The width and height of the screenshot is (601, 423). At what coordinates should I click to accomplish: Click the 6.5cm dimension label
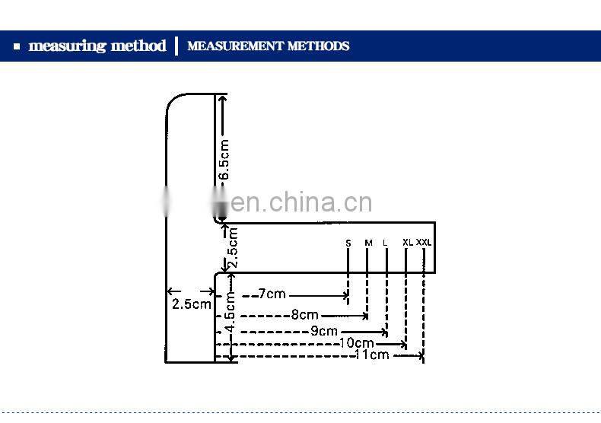(x=224, y=160)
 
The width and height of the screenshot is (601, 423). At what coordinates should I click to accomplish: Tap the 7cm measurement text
(x=272, y=294)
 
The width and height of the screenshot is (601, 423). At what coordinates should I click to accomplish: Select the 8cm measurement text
(x=304, y=315)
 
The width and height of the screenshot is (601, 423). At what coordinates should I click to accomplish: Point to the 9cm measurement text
(x=323, y=331)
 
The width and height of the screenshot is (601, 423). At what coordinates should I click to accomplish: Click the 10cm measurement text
(x=356, y=343)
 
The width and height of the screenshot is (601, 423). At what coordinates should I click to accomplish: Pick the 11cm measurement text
(x=372, y=355)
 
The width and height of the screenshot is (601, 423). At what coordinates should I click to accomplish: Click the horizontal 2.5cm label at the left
(x=191, y=304)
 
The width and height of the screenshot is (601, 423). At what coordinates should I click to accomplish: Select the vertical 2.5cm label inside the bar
(x=233, y=248)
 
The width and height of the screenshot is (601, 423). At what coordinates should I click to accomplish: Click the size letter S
(x=348, y=243)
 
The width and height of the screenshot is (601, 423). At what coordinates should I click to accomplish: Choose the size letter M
(x=368, y=243)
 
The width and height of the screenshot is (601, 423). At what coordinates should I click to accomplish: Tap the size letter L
(x=386, y=243)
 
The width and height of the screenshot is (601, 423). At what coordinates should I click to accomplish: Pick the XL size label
(x=408, y=243)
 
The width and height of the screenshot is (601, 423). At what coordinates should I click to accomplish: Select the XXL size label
(x=424, y=243)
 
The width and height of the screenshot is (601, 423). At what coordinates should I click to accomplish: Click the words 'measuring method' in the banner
(x=97, y=46)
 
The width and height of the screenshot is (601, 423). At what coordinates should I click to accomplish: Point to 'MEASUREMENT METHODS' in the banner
(x=268, y=46)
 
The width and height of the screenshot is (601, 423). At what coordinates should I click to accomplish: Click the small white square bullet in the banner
(x=17, y=47)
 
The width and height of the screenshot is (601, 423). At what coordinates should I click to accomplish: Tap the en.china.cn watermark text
(x=301, y=202)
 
